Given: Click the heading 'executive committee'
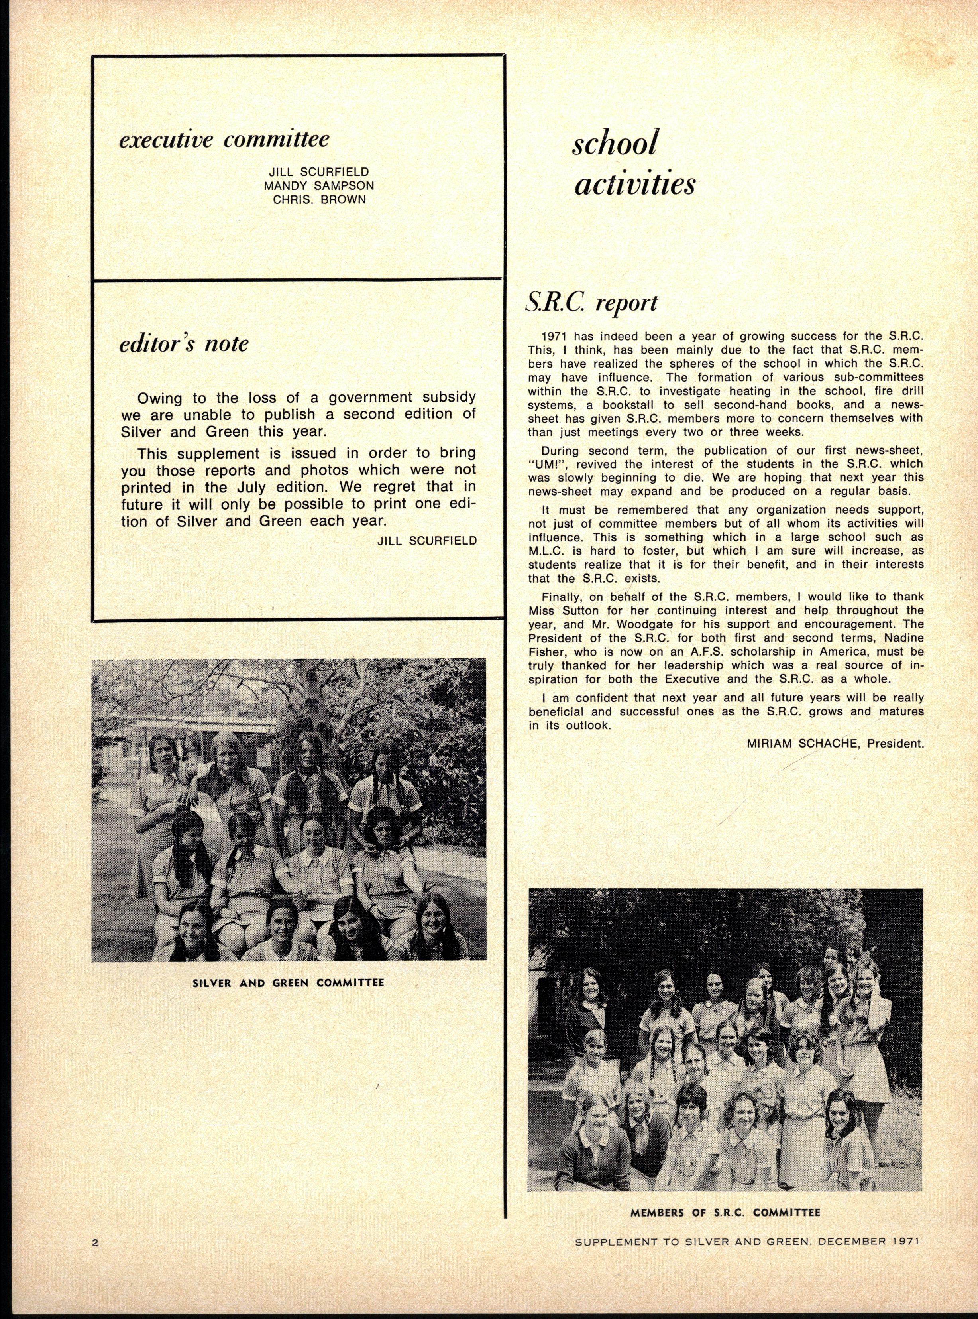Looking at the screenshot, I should [x=224, y=140].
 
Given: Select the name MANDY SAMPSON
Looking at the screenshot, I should [x=319, y=185].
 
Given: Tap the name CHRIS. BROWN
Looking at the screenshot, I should [x=319, y=200].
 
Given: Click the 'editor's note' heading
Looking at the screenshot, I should [x=184, y=344].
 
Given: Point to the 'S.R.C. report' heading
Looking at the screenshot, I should [x=591, y=303].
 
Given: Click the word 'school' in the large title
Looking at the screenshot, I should [x=615, y=144].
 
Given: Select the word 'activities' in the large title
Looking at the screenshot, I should [x=634, y=185].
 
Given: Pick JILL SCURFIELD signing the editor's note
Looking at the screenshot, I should [x=426, y=541].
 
